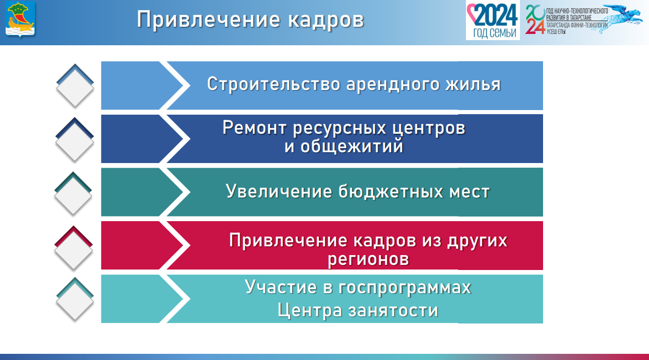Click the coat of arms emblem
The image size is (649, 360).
point(20,19)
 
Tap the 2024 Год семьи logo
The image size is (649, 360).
point(493,20)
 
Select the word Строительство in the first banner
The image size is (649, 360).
point(274,84)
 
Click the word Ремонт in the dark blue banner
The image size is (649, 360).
point(255,128)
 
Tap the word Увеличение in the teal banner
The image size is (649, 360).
point(279,192)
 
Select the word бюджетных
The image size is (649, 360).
point(390,192)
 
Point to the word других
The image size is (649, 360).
point(477,241)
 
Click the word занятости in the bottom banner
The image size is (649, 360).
point(393,311)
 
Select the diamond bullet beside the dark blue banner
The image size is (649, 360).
point(75,139)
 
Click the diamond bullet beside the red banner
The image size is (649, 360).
point(74,248)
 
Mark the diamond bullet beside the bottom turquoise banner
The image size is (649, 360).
point(75,299)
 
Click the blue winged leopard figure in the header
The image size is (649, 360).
point(617,18)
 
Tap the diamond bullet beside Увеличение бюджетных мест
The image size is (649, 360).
point(73,193)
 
